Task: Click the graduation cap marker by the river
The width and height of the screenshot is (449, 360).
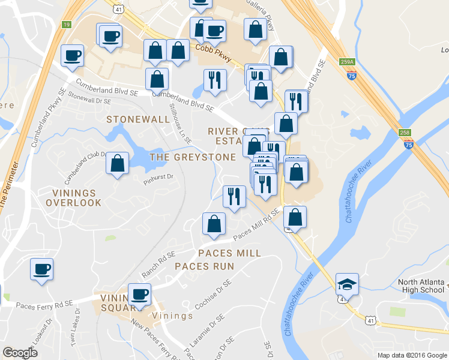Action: pyautogui.click(x=346, y=284)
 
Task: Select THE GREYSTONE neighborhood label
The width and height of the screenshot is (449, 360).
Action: pyautogui.click(x=192, y=157)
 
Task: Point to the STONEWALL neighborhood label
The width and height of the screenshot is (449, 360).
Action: pyautogui.click(x=138, y=119)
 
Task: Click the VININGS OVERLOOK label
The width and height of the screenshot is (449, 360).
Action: pyautogui.click(x=74, y=198)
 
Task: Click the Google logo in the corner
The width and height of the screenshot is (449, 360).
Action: pyautogui.click(x=20, y=353)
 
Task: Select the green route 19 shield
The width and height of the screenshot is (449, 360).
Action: pyautogui.click(x=66, y=24)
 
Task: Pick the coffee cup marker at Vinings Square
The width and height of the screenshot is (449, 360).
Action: pyautogui.click(x=139, y=295)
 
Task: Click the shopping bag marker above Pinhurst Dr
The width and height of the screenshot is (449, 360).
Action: pyautogui.click(x=118, y=163)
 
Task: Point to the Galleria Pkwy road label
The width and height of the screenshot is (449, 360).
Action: pyautogui.click(x=262, y=15)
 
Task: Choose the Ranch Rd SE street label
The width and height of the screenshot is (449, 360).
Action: pyautogui.click(x=158, y=265)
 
